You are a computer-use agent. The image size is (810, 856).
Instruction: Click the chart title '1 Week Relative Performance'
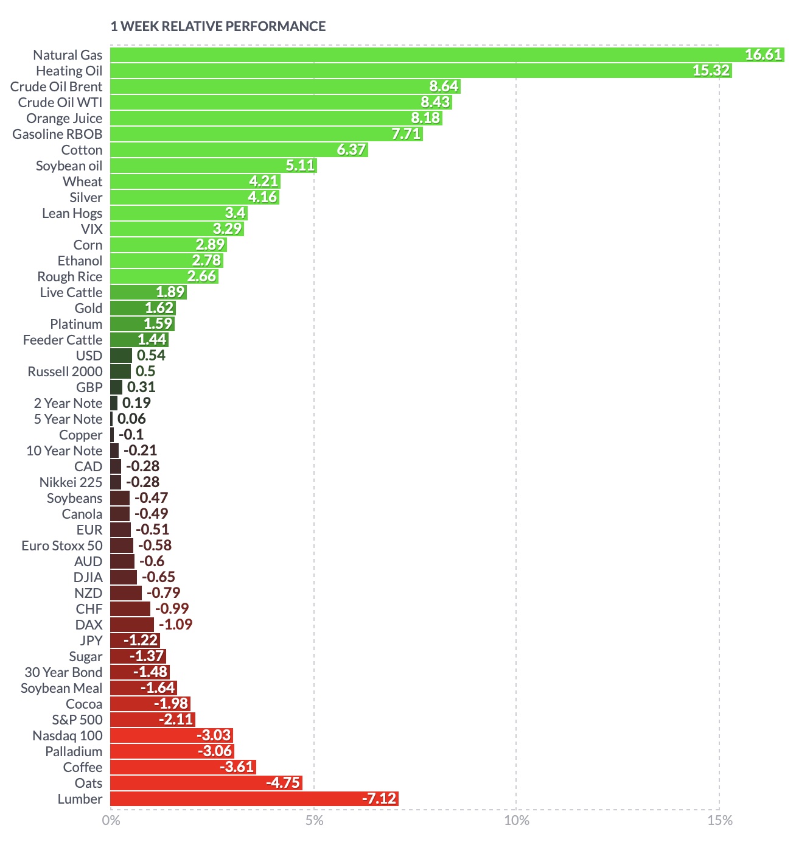tap(218, 26)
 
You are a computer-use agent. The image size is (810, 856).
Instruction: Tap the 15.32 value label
tap(711, 71)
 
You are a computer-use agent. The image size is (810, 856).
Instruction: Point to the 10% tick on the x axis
tap(517, 821)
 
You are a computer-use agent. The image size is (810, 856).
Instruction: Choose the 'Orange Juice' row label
tap(64, 118)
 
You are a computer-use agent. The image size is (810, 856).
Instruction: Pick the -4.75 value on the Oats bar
tap(283, 783)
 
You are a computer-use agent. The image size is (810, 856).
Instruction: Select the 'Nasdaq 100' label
tap(68, 735)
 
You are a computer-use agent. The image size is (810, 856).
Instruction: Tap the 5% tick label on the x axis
tap(314, 821)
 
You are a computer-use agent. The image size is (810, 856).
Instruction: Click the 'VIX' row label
tap(91, 229)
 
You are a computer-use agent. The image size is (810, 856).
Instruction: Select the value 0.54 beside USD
tap(151, 356)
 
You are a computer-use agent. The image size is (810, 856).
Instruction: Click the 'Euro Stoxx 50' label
tap(62, 546)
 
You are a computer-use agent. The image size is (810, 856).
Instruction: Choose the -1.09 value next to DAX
tap(175, 625)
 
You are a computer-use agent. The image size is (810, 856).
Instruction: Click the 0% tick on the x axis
tap(111, 821)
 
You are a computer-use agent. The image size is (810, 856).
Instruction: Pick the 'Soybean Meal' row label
tap(61, 688)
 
